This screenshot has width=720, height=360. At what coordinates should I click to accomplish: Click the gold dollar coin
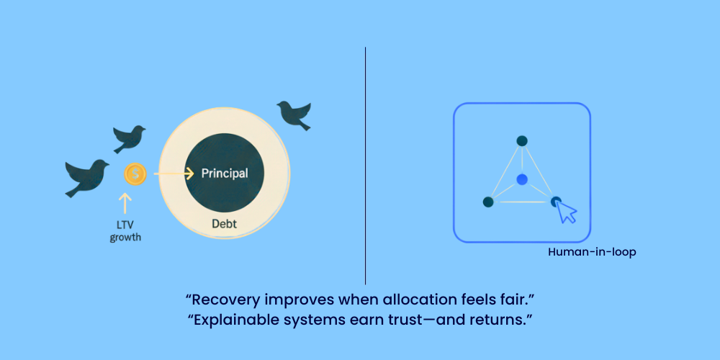135,174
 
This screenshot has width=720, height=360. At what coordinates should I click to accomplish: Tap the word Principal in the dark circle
225,174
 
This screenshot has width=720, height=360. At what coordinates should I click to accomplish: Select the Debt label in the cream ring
225,224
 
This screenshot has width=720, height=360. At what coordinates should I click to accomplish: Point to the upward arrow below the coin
125,204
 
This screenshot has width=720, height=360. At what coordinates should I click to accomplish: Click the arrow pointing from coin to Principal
174,174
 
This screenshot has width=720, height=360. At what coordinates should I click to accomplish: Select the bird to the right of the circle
294,114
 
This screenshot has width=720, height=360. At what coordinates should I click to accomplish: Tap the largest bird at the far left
87,178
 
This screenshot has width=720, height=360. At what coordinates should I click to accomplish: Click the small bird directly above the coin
129,139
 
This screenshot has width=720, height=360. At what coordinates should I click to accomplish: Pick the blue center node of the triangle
521,179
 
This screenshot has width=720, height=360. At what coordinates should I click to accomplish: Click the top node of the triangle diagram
521,141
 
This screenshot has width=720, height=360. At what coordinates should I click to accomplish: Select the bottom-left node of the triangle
488,202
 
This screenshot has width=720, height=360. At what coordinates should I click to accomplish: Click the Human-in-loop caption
592,252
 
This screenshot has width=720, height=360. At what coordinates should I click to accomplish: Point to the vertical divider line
366,166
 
